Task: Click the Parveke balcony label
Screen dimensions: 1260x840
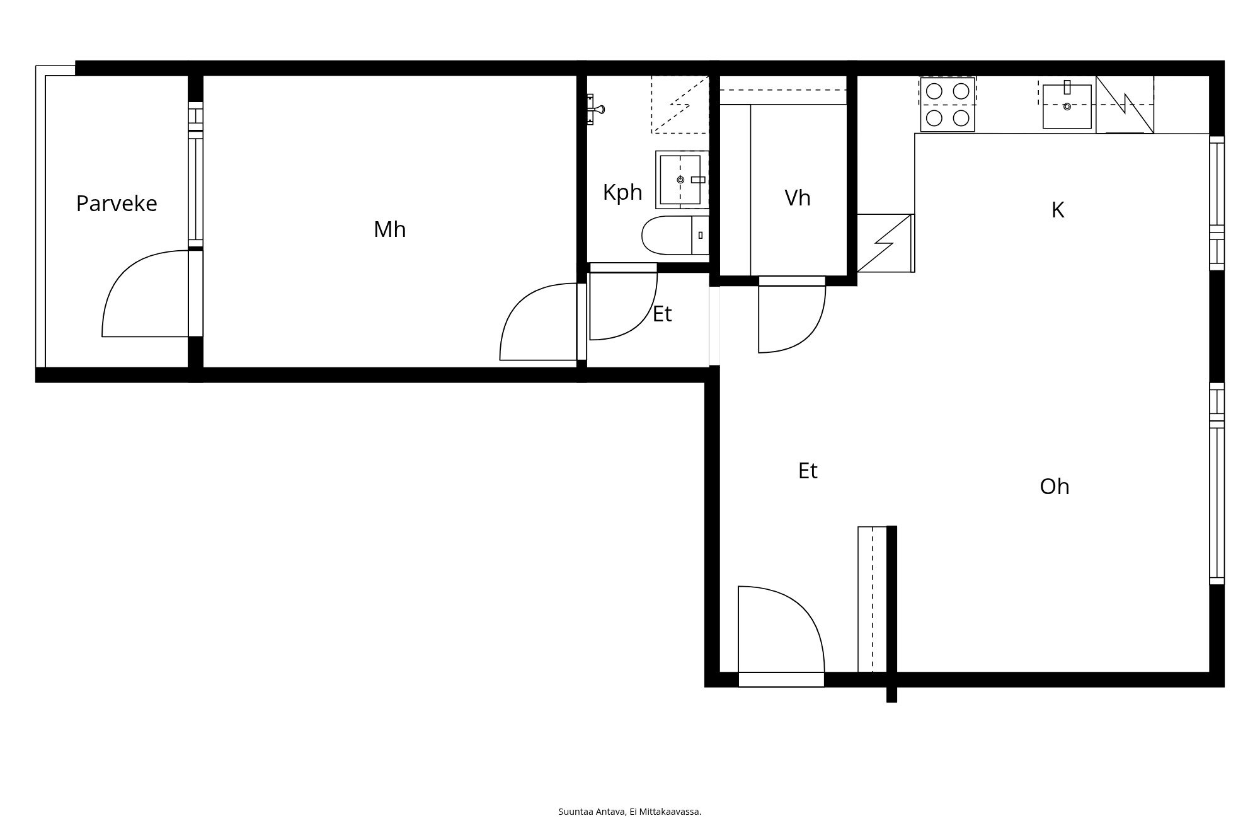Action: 117,204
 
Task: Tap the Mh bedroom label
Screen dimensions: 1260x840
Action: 389,229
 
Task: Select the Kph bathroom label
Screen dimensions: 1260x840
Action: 622,192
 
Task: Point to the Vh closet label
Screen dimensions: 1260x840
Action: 798,198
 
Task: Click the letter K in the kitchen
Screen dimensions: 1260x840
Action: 1058,210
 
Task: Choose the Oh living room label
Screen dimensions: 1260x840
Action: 1055,486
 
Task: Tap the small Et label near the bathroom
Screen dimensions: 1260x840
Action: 662,314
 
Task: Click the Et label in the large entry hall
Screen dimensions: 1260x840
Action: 808,471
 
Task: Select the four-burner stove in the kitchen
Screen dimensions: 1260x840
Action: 948,105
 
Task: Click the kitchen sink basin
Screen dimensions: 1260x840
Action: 1067,106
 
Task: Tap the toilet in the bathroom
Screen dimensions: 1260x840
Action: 675,235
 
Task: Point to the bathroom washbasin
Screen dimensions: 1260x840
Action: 682,180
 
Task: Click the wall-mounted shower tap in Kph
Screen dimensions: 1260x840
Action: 595,110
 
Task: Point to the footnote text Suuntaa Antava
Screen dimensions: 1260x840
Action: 592,812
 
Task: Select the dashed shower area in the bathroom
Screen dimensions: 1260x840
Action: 680,105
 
